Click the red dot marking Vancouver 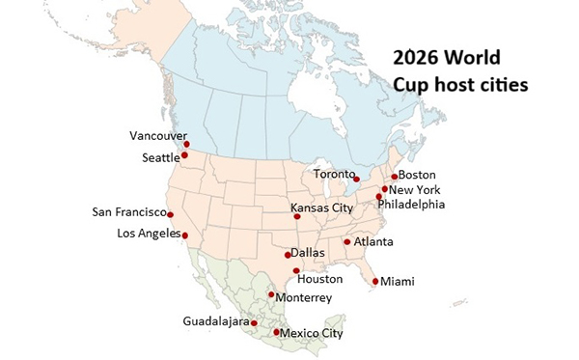[186, 144]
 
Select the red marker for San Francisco [170, 214]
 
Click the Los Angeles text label [148, 233]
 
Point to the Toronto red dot [357, 179]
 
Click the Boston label [417, 175]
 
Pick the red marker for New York [385, 189]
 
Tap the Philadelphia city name [411, 205]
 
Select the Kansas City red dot [297, 217]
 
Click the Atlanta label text [372, 241]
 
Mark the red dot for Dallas [288, 255]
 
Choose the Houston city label [318, 279]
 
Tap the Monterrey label [305, 298]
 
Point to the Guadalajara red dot [254, 323]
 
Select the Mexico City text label [312, 334]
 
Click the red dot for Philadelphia [379, 197]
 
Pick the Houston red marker [296, 271]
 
